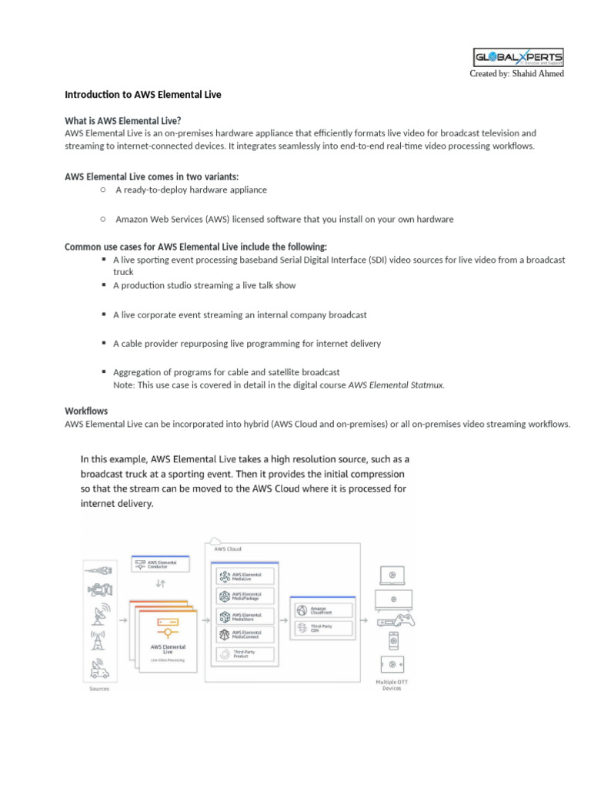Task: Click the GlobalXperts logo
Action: point(517,58)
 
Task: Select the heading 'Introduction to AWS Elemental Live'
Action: point(142,95)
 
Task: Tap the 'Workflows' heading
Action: point(86,411)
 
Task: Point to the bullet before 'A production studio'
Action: point(102,285)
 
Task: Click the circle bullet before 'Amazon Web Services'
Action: point(102,219)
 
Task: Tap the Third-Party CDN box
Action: point(322,627)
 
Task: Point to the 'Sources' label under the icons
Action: point(98,689)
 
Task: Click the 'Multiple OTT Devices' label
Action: point(392,685)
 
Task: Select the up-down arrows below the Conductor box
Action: point(160,583)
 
